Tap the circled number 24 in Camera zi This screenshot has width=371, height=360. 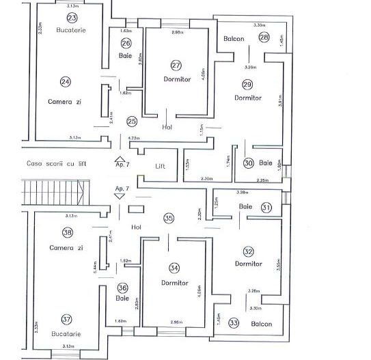[65, 81]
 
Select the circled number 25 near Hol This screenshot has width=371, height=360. [131, 121]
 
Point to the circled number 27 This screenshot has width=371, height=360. [176, 65]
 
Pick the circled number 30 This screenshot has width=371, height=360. [249, 163]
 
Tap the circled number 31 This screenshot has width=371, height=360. [266, 207]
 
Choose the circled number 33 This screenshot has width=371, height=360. [234, 322]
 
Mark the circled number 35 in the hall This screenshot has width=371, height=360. [169, 219]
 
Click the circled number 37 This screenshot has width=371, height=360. [66, 319]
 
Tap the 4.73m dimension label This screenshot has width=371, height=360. [133, 139]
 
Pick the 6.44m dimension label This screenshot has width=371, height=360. [93, 264]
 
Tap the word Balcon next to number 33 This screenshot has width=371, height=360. [260, 324]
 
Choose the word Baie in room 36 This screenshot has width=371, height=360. [123, 299]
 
